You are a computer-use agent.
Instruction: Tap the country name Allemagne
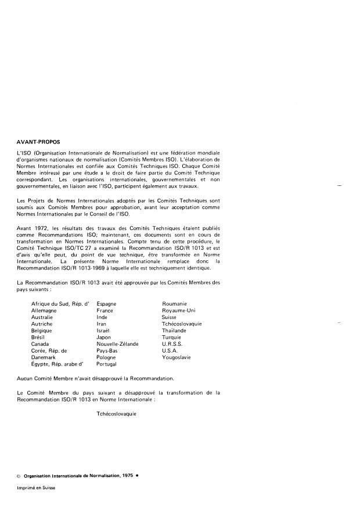click(x=45, y=311)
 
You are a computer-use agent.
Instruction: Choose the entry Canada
click(x=41, y=344)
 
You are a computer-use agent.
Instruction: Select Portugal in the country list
click(x=107, y=364)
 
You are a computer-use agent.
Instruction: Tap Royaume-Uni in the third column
click(x=178, y=311)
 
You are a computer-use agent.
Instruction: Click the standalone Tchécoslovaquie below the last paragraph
click(x=116, y=415)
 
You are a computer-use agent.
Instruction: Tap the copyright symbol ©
click(x=19, y=476)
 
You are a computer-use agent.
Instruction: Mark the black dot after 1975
click(x=137, y=476)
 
